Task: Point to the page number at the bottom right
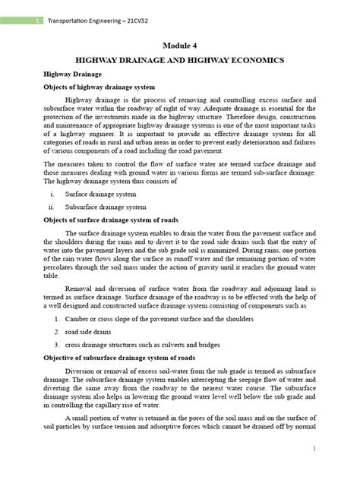pos(333,450)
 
